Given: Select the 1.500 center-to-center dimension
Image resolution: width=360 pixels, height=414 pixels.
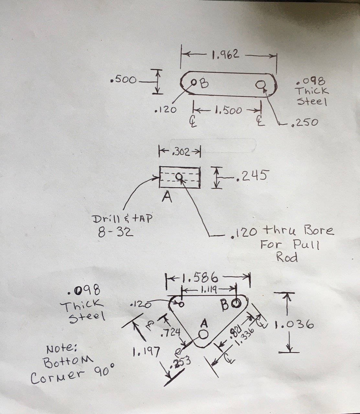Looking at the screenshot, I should click(228, 111).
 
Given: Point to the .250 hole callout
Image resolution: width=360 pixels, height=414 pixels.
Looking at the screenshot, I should click(304, 122).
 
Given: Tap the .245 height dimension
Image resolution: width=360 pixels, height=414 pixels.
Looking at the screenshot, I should click(252, 176).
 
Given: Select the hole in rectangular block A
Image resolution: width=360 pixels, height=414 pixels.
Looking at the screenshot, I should click(179, 177).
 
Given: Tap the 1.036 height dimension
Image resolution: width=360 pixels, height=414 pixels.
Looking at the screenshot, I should click(294, 324).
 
